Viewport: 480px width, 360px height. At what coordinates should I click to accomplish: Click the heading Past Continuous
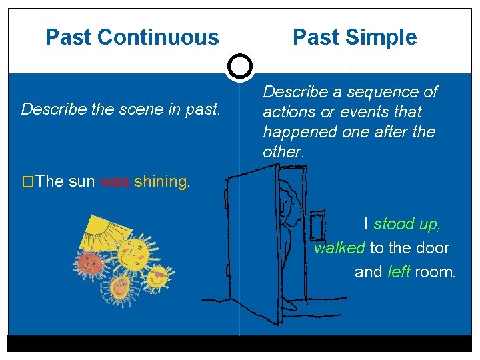pyautogui.click(x=132, y=37)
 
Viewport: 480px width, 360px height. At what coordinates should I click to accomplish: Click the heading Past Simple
pyautogui.click(x=355, y=37)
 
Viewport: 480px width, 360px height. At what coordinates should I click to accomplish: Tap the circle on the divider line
pyautogui.click(x=239, y=67)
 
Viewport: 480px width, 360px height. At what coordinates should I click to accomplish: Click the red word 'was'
pyautogui.click(x=115, y=181)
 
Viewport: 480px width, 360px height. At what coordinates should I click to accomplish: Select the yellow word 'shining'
pyautogui.click(x=161, y=181)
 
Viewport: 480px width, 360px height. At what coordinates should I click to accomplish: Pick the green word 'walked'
pyautogui.click(x=339, y=248)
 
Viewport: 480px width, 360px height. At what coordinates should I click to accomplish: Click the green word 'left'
pyautogui.click(x=399, y=272)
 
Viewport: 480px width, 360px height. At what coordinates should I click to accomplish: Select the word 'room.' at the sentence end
pyautogui.click(x=435, y=272)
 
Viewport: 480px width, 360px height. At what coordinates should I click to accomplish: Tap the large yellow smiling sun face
pyautogui.click(x=136, y=253)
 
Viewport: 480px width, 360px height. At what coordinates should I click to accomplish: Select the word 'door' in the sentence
pyautogui.click(x=434, y=248)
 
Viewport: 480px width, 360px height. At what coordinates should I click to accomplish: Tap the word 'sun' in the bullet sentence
pyautogui.click(x=81, y=181)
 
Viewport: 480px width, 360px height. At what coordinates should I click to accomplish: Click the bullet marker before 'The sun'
pyautogui.click(x=27, y=181)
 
